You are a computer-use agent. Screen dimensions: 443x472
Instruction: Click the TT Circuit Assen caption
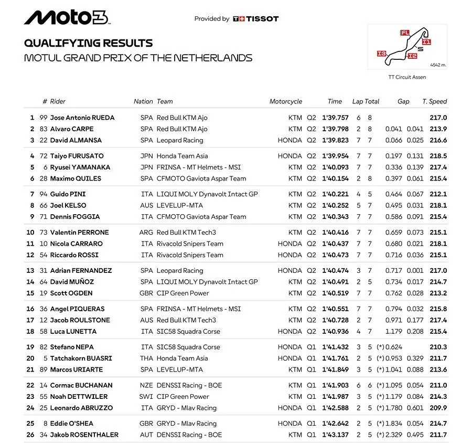(x=407, y=77)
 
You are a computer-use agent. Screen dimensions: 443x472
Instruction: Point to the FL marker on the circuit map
(x=404, y=33)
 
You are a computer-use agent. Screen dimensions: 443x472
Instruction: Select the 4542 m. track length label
(x=438, y=65)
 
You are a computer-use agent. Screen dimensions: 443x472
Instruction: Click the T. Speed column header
(x=435, y=101)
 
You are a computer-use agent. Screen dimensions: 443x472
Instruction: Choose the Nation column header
(x=143, y=101)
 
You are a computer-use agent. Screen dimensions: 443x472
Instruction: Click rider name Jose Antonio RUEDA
(x=82, y=118)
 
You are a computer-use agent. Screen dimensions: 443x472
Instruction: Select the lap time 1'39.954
(x=335, y=156)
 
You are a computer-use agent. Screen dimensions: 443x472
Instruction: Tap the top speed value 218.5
(x=438, y=156)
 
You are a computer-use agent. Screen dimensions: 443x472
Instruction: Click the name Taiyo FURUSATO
(x=77, y=156)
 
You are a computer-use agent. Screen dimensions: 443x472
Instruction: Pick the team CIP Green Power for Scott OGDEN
(x=183, y=293)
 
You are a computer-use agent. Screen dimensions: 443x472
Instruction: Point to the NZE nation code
(x=147, y=385)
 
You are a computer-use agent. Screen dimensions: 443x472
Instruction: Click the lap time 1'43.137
(x=335, y=435)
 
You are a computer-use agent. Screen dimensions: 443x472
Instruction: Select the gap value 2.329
(x=396, y=435)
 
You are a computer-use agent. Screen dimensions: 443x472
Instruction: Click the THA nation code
(x=147, y=358)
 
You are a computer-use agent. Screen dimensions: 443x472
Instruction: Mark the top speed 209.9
(x=438, y=408)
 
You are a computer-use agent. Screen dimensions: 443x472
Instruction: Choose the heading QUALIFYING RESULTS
(x=89, y=44)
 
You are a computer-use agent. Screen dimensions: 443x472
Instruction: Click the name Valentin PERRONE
(x=79, y=233)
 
